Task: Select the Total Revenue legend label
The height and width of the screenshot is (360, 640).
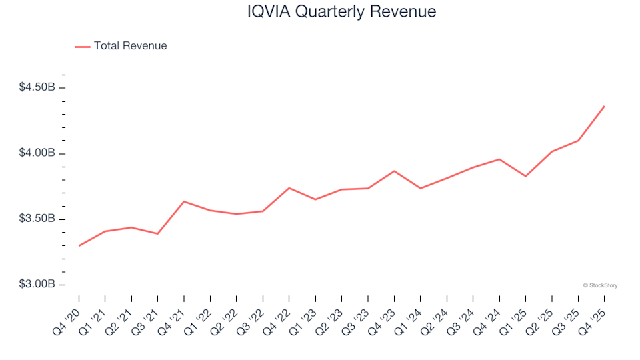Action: click(130, 46)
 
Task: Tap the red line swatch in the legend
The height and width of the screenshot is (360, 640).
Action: click(82, 47)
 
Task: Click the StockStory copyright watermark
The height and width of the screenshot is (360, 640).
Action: click(600, 285)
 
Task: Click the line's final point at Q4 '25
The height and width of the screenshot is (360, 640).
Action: click(604, 106)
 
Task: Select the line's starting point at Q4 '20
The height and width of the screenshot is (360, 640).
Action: click(79, 246)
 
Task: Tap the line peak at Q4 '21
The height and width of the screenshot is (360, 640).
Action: click(184, 201)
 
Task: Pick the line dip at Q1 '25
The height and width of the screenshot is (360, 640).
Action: click(525, 176)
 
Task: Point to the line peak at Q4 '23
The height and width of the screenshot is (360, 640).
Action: click(394, 171)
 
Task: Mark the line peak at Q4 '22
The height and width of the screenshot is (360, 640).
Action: click(289, 188)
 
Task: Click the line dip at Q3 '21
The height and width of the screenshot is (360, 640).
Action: click(157, 234)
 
